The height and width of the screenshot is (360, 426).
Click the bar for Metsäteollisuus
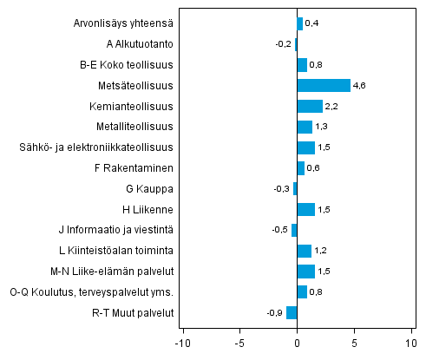click(x=324, y=85)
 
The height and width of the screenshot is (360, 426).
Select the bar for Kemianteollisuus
click(x=310, y=106)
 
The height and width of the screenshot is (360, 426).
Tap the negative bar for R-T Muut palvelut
click(x=292, y=313)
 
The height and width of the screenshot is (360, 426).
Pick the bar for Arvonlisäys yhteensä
click(x=299, y=23)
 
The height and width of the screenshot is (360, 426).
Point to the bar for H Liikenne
click(x=305, y=209)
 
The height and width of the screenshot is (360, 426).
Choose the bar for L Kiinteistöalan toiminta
click(x=304, y=251)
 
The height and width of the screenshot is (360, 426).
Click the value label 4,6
click(x=360, y=85)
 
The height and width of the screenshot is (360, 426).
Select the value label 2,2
click(x=332, y=106)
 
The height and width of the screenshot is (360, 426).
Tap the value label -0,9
click(x=274, y=314)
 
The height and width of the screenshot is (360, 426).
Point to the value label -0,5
click(x=279, y=231)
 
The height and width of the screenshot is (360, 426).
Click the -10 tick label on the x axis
click(x=182, y=342)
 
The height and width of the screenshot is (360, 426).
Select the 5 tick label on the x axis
click(x=354, y=342)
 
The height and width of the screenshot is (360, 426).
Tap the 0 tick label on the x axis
click(x=297, y=342)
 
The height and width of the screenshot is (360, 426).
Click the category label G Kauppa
click(x=150, y=188)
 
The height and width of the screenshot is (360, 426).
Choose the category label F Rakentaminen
click(x=135, y=167)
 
